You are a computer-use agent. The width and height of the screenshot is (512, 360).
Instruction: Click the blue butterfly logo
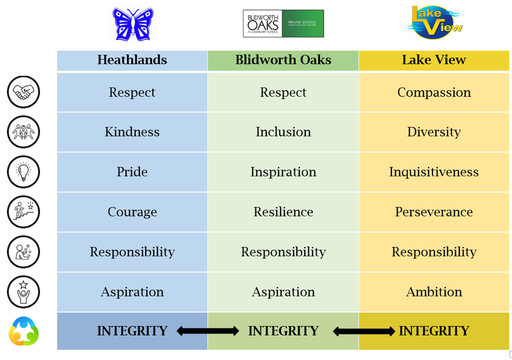133,24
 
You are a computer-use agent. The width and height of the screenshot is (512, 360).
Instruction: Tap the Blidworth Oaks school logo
283,23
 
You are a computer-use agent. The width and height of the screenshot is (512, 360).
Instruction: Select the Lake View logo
434,22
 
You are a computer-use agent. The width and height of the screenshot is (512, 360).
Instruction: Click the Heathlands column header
132,60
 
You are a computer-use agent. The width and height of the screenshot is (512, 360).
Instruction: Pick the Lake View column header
434,60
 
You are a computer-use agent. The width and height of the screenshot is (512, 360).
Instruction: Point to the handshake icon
23,92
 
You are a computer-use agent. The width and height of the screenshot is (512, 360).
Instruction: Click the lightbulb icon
23,172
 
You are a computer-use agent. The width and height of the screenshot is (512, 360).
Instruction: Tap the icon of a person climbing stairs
23,211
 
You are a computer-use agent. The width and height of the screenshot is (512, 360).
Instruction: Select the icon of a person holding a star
23,291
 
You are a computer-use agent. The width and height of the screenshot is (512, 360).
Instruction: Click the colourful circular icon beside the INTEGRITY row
23,331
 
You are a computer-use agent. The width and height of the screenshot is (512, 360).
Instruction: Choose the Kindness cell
132,132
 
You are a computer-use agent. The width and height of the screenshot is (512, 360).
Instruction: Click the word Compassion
434,92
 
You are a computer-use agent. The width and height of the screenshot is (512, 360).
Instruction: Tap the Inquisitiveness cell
434,172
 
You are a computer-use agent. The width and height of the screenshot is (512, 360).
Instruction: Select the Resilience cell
283,211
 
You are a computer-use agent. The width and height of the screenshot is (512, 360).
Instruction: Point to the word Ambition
434,291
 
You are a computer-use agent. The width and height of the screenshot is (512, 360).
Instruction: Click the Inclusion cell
283,132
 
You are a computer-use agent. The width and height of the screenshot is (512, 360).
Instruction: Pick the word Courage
132,212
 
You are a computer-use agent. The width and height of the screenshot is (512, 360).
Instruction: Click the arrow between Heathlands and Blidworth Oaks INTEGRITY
207,331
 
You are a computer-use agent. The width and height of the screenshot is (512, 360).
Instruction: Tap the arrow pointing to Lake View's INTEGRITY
364,331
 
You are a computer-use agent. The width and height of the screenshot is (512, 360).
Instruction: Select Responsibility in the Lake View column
434,252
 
